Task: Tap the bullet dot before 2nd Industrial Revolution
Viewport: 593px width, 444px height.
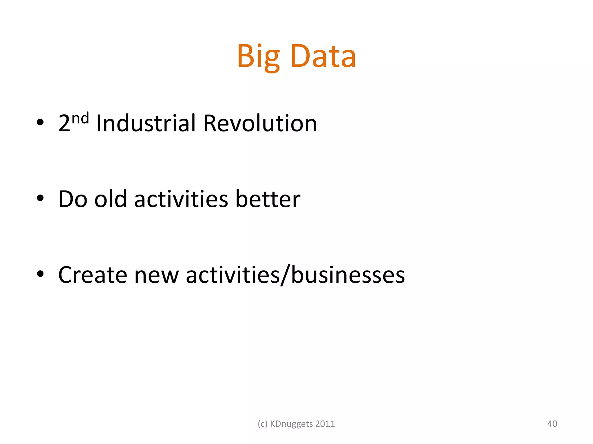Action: click(x=40, y=122)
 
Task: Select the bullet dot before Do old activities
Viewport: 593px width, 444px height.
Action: click(x=40, y=198)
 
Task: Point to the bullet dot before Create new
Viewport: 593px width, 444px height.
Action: click(x=40, y=274)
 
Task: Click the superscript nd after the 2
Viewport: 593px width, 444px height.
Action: click(x=80, y=119)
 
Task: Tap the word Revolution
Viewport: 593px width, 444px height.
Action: click(x=260, y=123)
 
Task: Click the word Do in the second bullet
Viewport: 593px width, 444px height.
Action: click(x=73, y=199)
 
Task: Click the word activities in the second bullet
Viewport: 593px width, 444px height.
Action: click(x=181, y=199)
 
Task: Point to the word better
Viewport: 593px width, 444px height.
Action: click(x=268, y=199)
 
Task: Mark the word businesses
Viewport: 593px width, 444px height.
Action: click(x=348, y=275)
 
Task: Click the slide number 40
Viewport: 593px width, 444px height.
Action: click(x=552, y=424)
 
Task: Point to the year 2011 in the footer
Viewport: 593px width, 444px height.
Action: click(x=325, y=424)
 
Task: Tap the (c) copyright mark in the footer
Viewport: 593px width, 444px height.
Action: click(x=262, y=424)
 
